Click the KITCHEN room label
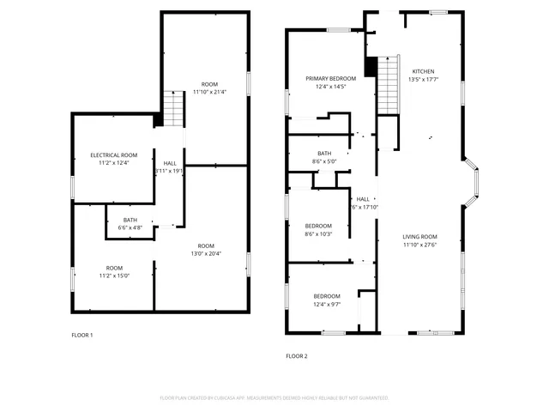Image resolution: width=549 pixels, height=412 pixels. [423, 71]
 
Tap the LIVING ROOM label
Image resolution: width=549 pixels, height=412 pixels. [420, 236]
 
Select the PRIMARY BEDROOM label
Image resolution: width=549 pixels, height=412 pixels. [330, 78]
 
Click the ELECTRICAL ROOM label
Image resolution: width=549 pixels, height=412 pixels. [114, 154]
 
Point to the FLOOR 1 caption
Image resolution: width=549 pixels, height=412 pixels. [81, 335]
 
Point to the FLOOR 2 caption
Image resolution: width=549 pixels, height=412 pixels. [296, 355]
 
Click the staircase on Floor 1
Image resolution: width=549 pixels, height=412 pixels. [174, 108]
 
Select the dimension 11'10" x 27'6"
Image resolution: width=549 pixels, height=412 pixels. [420, 245]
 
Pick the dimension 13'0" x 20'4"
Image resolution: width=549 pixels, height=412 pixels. [203, 253]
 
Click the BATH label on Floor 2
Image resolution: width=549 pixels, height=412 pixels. [324, 154]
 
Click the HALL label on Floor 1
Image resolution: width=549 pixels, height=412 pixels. [170, 162]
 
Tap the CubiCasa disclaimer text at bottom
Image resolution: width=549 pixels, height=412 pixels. [274, 398]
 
